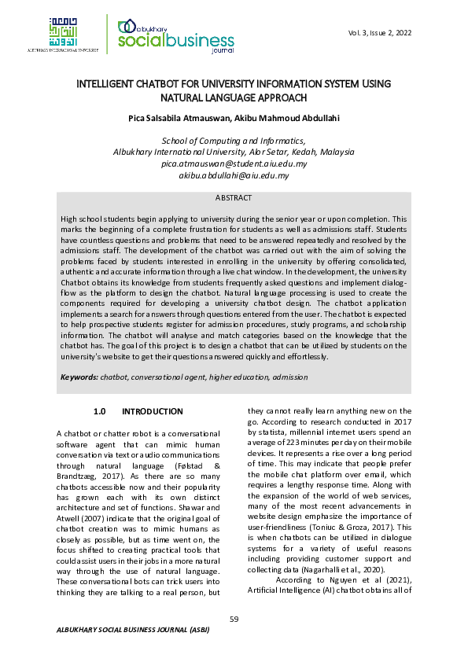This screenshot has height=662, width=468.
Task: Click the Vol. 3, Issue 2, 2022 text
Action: click(x=379, y=33)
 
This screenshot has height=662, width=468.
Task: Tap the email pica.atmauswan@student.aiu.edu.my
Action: click(x=234, y=164)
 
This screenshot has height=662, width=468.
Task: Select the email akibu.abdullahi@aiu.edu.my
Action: click(x=234, y=175)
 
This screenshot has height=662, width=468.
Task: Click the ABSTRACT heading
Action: click(x=234, y=198)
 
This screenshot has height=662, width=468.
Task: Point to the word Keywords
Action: click(x=79, y=377)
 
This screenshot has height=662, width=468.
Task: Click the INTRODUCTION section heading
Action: click(x=153, y=412)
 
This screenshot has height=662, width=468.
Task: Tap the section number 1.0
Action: click(x=100, y=412)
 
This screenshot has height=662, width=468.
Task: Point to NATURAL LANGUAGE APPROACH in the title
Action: click(x=234, y=98)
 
